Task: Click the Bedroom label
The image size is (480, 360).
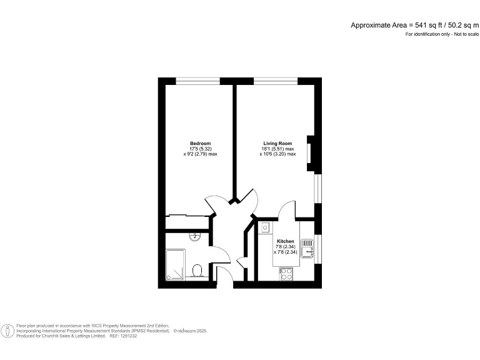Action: click(x=200, y=143)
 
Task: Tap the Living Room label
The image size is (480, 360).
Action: click(x=277, y=143)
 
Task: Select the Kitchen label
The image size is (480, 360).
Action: click(x=285, y=241)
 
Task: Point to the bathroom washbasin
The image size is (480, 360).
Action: click(x=195, y=236)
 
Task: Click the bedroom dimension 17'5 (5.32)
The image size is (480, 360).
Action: click(x=200, y=149)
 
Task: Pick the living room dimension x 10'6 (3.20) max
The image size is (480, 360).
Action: click(x=279, y=154)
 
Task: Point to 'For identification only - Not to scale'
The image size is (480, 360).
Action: click(x=442, y=34)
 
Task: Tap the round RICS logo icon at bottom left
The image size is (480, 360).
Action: click(x=8, y=331)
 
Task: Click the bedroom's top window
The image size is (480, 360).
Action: click(x=197, y=81)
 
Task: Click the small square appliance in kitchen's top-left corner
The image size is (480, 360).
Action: click(x=265, y=228)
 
